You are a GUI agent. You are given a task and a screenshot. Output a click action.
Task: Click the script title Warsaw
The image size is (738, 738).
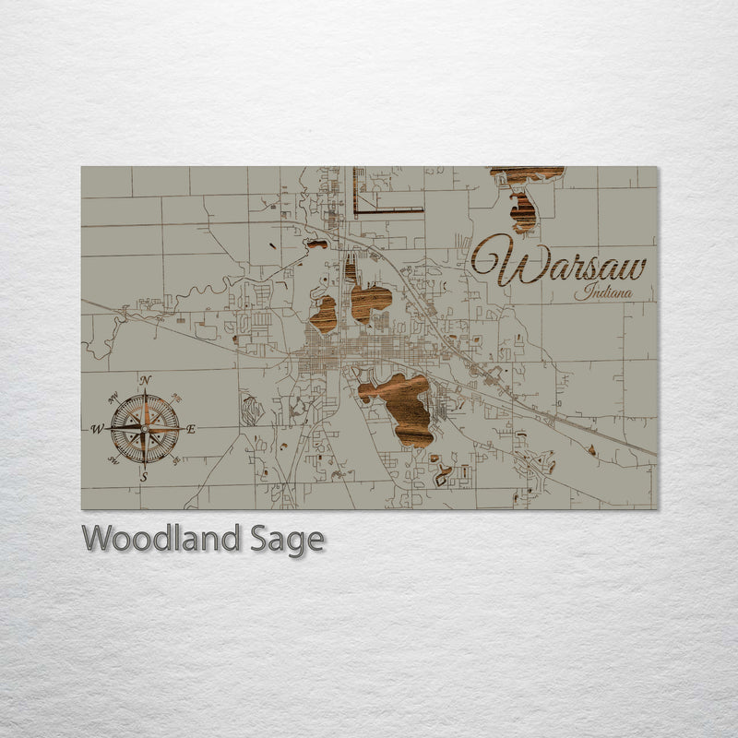click(559, 261)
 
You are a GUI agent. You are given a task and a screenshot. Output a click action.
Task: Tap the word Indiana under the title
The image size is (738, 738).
click(603, 294)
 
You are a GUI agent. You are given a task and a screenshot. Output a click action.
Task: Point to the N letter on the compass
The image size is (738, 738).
click(145, 380)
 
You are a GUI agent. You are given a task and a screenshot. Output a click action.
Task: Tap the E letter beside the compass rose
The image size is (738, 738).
click(191, 429)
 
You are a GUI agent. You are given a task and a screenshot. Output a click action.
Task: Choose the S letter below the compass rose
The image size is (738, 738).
click(144, 477)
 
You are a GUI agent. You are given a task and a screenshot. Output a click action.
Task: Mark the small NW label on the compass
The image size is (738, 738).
click(113, 399)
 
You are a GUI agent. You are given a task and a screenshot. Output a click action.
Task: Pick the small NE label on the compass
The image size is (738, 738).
click(175, 399)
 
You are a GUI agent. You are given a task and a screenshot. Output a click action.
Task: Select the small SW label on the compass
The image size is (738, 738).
click(113, 458)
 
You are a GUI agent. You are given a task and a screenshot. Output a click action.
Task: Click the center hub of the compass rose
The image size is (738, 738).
click(145, 429)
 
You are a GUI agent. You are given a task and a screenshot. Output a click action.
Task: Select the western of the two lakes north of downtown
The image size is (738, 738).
click(324, 315)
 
